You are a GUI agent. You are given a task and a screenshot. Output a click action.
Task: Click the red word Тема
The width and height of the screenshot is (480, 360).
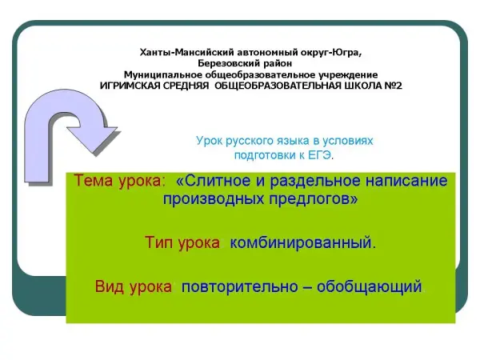(94, 180)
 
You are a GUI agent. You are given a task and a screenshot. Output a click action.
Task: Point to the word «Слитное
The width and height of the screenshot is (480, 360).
(214, 180)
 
